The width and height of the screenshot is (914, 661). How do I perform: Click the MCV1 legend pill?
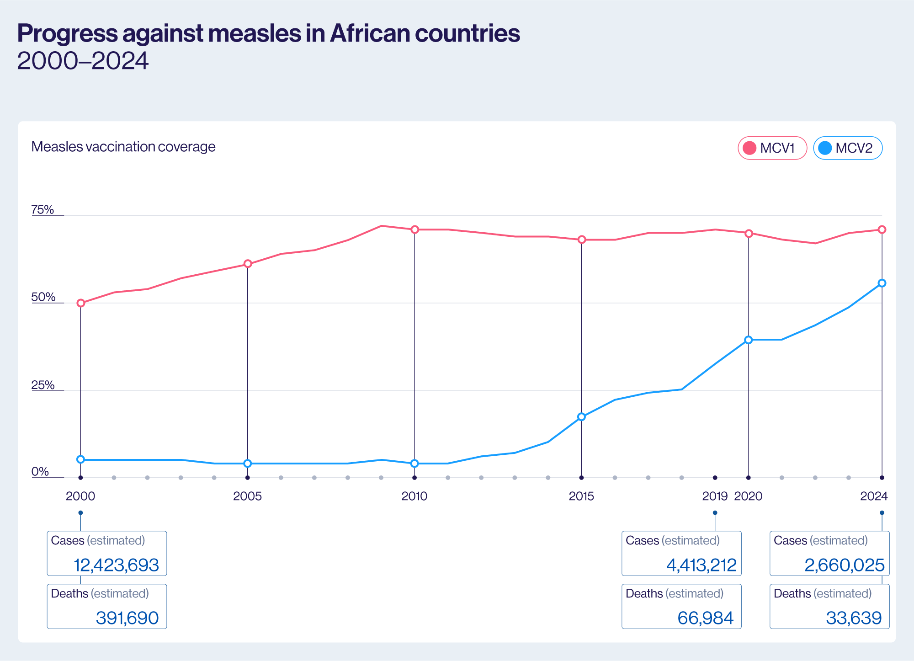pyautogui.click(x=772, y=148)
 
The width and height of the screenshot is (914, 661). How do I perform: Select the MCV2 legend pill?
pyautogui.click(x=847, y=148)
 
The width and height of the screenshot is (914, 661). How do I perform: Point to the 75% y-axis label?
pyautogui.click(x=43, y=210)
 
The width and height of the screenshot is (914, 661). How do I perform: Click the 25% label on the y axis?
pyautogui.click(x=43, y=385)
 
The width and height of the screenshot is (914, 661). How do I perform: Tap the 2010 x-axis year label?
pyautogui.click(x=414, y=496)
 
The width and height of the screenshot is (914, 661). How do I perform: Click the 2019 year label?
pyautogui.click(x=715, y=496)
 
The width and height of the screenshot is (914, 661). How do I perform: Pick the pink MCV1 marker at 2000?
pyautogui.click(x=81, y=303)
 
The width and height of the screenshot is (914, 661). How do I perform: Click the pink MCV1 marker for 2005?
pyautogui.click(x=248, y=264)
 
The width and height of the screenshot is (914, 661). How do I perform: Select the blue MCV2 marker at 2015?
pyautogui.click(x=581, y=417)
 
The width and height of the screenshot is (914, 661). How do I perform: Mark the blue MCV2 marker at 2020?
pyautogui.click(x=749, y=340)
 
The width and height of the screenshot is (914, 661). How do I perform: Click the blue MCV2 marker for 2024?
pyautogui.click(x=882, y=283)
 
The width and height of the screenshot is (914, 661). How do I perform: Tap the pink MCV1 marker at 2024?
pyautogui.click(x=882, y=229)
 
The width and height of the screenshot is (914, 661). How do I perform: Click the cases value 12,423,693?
pyautogui.click(x=116, y=565)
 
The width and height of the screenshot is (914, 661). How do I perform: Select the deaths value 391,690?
pyautogui.click(x=127, y=618)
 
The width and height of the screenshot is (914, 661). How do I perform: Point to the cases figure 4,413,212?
pyautogui.click(x=701, y=565)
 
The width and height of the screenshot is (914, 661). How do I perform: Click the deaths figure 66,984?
pyautogui.click(x=705, y=618)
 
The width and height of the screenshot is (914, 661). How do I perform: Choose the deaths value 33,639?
pyautogui.click(x=854, y=618)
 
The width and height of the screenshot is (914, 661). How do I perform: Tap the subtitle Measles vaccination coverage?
pyautogui.click(x=123, y=147)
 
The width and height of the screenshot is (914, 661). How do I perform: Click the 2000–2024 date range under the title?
pyautogui.click(x=83, y=61)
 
